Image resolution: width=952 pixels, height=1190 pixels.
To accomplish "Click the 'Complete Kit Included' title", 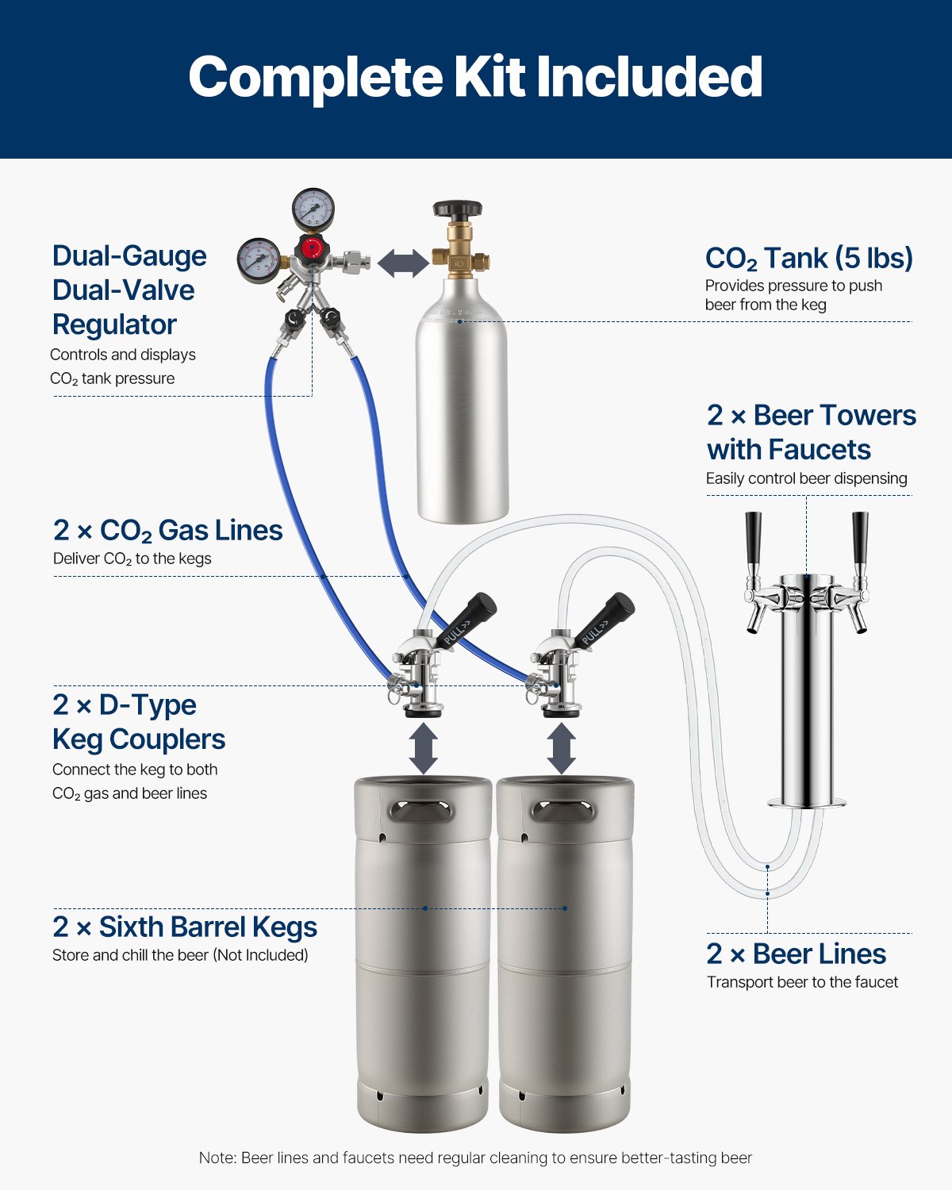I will pos(475,77).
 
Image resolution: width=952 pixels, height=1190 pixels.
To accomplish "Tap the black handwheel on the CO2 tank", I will pos(457,210).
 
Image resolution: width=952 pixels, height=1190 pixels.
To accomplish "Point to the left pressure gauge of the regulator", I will pos(259,260).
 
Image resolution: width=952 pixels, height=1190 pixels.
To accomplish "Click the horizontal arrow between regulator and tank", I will pos(403,263).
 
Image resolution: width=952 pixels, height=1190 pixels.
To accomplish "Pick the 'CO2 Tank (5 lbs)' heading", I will pos(808,259).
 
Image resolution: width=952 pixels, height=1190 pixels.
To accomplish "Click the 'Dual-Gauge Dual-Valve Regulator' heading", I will pos(129,290).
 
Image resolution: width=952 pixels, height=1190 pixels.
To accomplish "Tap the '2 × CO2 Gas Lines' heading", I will pos(167,530).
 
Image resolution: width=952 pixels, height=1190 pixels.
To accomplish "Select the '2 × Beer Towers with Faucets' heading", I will pos(811,432).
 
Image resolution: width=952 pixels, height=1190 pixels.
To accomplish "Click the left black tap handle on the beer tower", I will pos(753,537).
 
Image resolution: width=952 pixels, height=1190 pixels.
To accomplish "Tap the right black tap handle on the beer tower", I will pos(860,537).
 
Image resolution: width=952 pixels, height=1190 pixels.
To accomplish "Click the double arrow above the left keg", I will pos(424,748).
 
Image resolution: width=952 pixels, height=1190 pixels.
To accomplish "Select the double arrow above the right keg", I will pos(562,748).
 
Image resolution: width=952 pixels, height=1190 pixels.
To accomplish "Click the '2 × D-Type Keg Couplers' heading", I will pos(139,722).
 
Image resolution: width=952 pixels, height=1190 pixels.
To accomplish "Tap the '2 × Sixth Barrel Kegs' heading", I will pos(185,927).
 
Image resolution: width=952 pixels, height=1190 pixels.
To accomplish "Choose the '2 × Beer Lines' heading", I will pos(796,954).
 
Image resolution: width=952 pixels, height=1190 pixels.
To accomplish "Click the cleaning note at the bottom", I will pos(475,1157).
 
